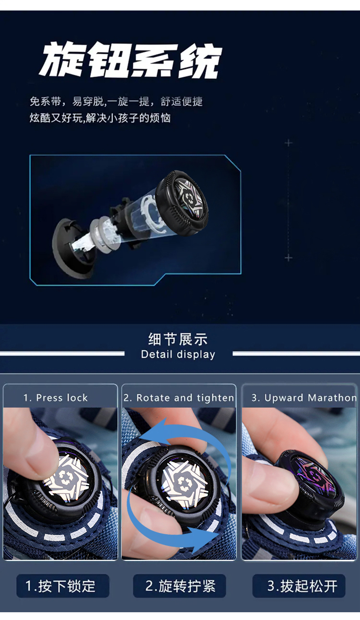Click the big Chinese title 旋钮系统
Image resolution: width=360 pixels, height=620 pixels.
pyautogui.click(x=130, y=60)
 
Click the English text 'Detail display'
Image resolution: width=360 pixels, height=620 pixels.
pyautogui.click(x=178, y=355)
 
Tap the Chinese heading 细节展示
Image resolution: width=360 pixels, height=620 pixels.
pyautogui.click(x=178, y=339)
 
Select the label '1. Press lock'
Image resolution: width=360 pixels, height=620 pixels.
pyautogui.click(x=56, y=398)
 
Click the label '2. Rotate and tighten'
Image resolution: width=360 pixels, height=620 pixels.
pyautogui.click(x=179, y=398)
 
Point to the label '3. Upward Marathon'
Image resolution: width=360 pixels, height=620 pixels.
pyautogui.click(x=304, y=398)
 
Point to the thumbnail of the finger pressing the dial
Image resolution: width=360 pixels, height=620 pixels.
pyautogui.click(x=60, y=483)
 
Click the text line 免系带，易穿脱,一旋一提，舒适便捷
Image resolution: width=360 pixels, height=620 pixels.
pyautogui.click(x=116, y=102)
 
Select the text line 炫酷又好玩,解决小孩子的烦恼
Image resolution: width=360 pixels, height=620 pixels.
pyautogui.click(x=100, y=118)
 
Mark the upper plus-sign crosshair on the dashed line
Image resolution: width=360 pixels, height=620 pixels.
pyautogui.click(x=288, y=143)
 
